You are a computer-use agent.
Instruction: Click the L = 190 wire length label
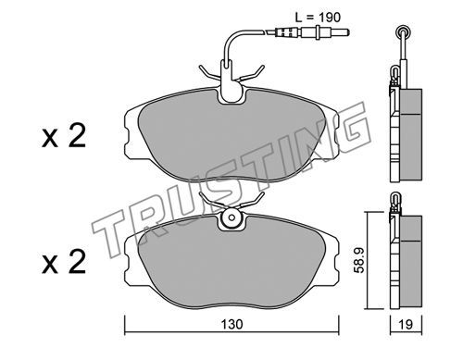point(318,18)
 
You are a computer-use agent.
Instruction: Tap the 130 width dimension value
point(231,324)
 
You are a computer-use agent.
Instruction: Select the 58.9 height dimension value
point(359,260)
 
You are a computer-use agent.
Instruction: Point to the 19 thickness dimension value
point(406,324)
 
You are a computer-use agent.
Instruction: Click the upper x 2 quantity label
point(64,136)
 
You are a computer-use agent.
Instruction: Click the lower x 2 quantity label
point(64,263)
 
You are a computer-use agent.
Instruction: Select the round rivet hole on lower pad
point(231,217)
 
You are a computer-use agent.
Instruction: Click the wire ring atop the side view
point(403,31)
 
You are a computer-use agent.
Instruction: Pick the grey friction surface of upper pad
point(231,136)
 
